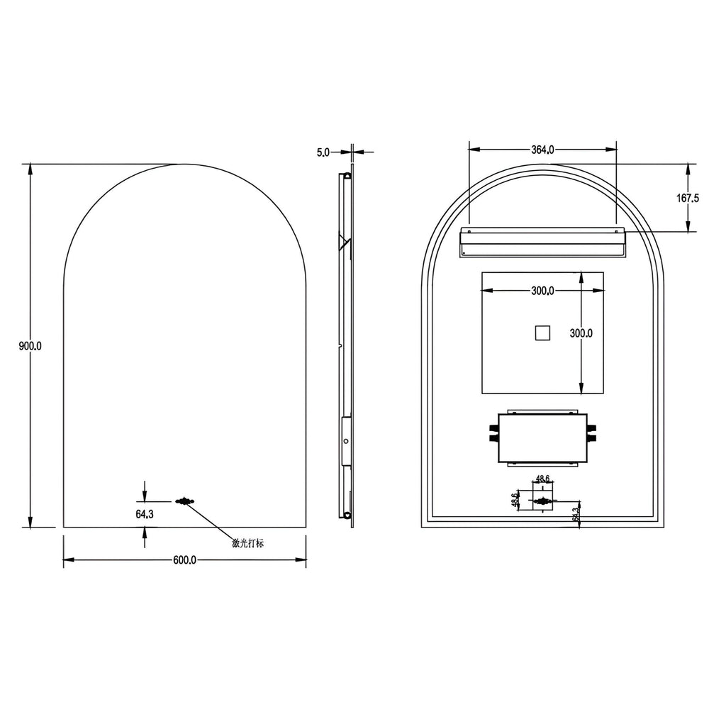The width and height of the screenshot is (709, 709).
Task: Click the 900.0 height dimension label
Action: (x=30, y=346)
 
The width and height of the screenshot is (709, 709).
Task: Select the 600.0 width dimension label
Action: (x=184, y=560)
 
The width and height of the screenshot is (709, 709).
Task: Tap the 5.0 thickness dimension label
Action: (x=323, y=151)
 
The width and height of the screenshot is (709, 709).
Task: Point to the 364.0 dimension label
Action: (x=542, y=150)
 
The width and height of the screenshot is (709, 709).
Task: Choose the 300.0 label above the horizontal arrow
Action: (x=543, y=291)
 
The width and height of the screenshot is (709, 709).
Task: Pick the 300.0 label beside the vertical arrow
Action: (x=581, y=333)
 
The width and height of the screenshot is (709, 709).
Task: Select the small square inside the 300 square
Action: (x=542, y=332)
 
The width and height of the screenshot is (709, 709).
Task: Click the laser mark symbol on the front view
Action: (x=186, y=502)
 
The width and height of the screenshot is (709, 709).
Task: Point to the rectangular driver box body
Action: (x=542, y=437)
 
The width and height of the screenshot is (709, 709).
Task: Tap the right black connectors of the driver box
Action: (x=592, y=433)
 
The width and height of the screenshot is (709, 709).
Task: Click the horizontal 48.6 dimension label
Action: (x=542, y=479)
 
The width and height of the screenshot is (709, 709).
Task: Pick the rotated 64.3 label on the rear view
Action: (x=576, y=514)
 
